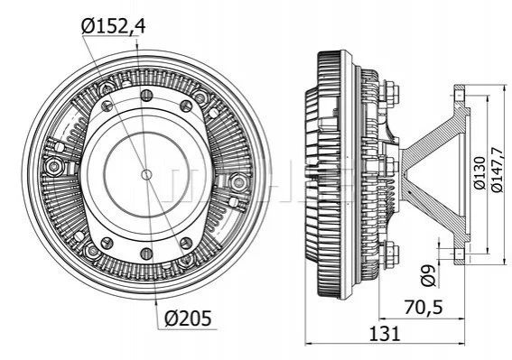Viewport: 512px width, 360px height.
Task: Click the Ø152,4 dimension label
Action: click(113, 26)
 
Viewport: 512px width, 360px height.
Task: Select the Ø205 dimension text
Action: click(188, 318)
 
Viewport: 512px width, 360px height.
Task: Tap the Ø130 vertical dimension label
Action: click(479, 172)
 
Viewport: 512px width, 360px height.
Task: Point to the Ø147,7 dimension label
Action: click(497, 170)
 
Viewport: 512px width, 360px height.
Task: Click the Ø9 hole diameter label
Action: click(428, 276)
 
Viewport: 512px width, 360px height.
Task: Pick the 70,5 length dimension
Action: click(424, 307)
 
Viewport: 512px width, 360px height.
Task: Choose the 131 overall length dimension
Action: click(384, 334)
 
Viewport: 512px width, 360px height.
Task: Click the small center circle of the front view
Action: click(146, 175)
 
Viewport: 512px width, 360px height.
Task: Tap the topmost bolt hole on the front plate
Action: click(146, 96)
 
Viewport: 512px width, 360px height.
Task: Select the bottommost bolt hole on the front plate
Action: click(146, 254)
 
